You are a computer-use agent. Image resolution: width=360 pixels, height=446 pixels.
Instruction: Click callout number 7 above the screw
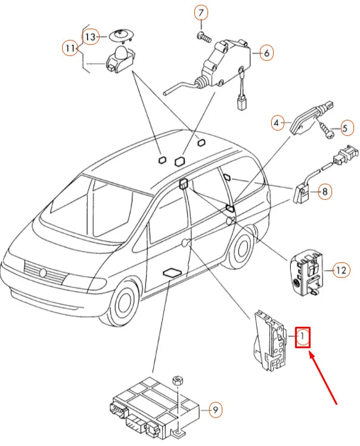201,13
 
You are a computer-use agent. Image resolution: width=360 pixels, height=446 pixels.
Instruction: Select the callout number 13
91,37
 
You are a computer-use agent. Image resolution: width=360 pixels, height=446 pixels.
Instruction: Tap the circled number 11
70,48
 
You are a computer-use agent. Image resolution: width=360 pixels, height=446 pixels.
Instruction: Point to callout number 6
266,53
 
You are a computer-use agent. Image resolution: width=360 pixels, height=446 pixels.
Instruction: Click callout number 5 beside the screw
345,128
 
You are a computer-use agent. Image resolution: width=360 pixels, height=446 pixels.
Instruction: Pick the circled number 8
325,192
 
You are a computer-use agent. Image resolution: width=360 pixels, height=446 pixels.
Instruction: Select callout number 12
342,270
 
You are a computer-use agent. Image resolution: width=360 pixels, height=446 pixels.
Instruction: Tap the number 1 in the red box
303,337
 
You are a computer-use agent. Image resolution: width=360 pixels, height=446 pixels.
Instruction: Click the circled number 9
215,410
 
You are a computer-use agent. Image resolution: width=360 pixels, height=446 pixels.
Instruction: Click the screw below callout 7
204,37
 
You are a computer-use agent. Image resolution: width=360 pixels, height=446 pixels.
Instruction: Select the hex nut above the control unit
178,380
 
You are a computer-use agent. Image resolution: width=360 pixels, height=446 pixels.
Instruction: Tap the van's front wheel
123,302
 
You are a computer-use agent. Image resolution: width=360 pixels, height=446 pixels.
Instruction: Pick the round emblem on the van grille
43,273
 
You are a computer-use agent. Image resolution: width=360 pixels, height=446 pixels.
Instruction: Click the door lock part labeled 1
269,340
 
